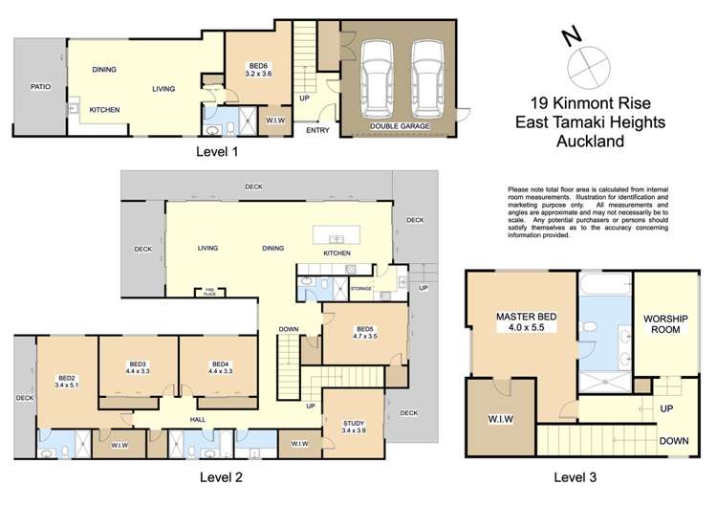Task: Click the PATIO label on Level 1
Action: click(38, 86)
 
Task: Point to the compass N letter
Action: click(571, 36)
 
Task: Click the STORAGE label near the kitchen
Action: click(360, 287)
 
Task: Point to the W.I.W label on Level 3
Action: click(497, 418)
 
